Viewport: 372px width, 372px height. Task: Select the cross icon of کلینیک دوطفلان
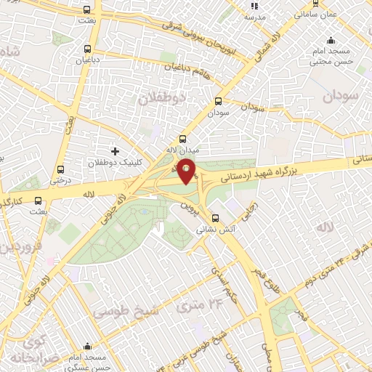[x=114, y=151]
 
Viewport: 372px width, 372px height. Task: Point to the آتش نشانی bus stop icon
[x=214, y=218]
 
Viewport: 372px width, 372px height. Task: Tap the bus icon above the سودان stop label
[x=219, y=102]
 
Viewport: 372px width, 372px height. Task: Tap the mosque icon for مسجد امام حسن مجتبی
[x=331, y=41]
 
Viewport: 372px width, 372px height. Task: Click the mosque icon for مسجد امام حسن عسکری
[x=87, y=346]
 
